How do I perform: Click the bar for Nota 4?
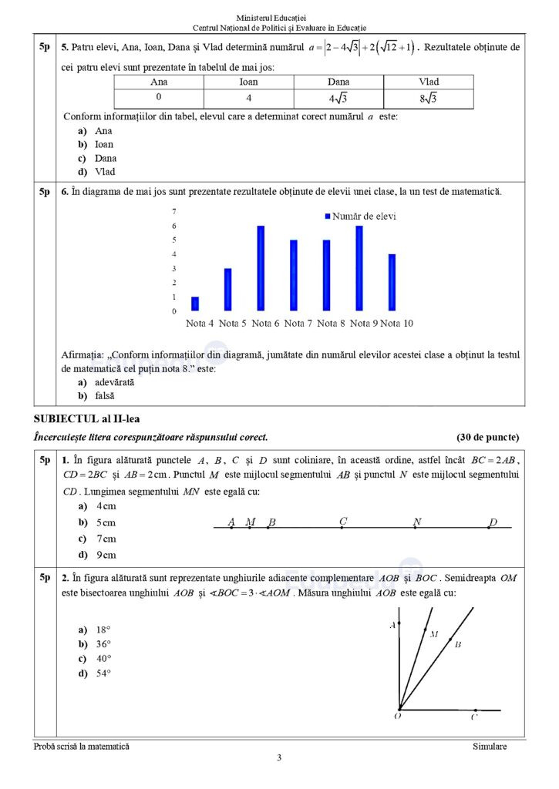pos(195,304)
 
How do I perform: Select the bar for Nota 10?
pos(392,282)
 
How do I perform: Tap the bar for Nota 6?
pos(261,268)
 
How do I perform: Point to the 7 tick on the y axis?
pos(173,211)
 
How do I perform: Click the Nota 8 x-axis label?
pos(332,324)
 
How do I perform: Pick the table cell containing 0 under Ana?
pos(159,98)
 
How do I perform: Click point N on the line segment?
pos(416,528)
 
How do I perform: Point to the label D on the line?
pos(493,522)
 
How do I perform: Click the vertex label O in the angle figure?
pos(396,716)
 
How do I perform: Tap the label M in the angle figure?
pos(434,635)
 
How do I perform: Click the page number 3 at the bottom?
pos(279,757)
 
